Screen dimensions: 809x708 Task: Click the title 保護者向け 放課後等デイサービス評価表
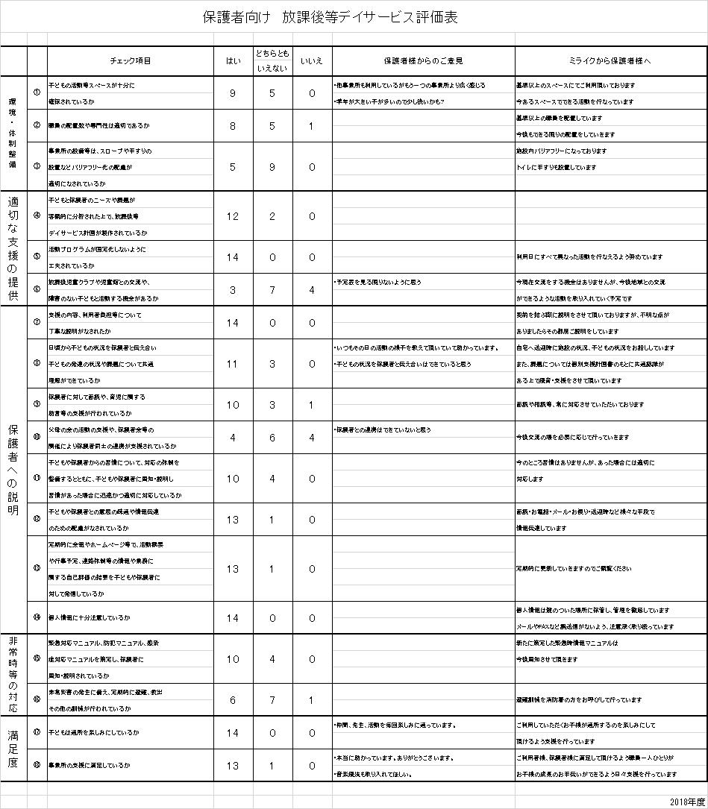(x=330, y=18)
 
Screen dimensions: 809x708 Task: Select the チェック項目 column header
(x=131, y=61)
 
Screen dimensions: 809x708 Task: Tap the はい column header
(x=233, y=61)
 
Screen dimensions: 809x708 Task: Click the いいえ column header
(x=312, y=61)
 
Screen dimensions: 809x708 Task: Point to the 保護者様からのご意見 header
(x=423, y=61)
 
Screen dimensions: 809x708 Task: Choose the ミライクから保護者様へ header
(x=610, y=61)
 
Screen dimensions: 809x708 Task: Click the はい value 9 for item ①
(x=233, y=94)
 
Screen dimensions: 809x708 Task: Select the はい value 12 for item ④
(x=233, y=216)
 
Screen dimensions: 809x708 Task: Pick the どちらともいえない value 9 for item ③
(x=272, y=167)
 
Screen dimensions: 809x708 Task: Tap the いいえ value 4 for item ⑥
(x=312, y=289)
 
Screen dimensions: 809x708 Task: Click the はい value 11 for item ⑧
(x=233, y=364)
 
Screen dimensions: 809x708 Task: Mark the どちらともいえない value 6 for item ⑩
(x=272, y=438)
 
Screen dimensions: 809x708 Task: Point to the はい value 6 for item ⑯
(x=233, y=700)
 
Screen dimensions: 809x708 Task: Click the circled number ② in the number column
(x=37, y=126)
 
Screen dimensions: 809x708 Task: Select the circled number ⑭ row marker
(x=37, y=618)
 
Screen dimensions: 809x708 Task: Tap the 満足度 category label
(x=13, y=749)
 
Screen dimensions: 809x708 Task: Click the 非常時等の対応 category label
(x=13, y=675)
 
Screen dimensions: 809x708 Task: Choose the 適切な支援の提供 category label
(x=13, y=248)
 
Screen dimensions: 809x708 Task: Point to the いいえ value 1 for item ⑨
(x=312, y=405)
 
